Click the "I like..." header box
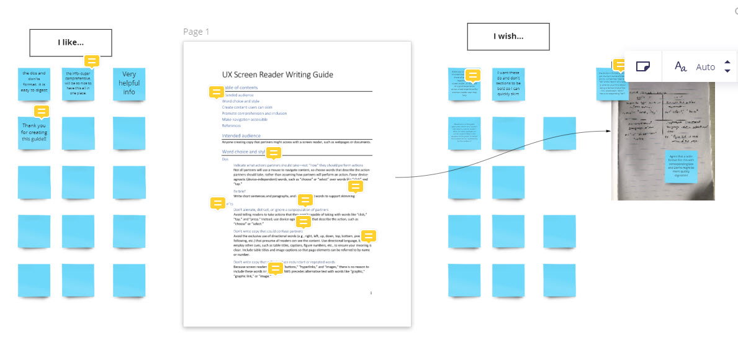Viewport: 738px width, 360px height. point(71,43)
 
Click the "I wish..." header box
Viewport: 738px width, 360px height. point(508,37)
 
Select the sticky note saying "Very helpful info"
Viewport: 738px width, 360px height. point(129,84)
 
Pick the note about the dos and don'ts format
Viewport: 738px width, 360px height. point(34,84)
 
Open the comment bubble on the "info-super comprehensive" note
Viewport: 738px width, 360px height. point(92,61)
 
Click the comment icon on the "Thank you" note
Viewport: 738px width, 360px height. point(41,112)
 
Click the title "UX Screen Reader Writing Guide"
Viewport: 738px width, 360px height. point(277,75)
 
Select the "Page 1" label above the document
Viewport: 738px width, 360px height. point(197,32)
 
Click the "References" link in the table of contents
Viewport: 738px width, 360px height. point(232,126)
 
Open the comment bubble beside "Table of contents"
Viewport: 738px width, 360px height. point(216,92)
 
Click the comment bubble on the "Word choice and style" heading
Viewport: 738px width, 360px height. point(274,153)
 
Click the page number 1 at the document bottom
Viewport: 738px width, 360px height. point(371,293)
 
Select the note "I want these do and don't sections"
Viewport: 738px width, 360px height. point(508,84)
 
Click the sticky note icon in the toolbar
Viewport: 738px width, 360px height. point(643,66)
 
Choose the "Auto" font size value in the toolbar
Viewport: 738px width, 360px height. point(706,67)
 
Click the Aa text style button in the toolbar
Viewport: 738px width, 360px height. point(681,66)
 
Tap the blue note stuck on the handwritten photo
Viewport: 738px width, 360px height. point(681,166)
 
